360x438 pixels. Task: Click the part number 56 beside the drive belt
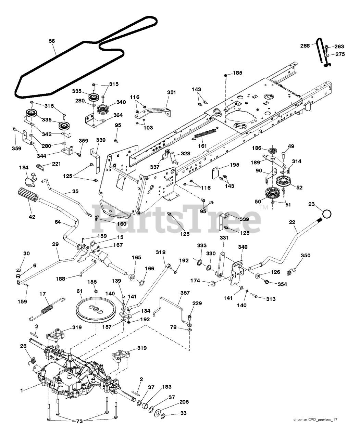(x=52, y=41)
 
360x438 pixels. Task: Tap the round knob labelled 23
(x=326, y=214)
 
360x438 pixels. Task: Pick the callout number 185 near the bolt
(x=237, y=73)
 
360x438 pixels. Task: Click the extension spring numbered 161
(x=205, y=133)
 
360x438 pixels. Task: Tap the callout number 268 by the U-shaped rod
(x=305, y=46)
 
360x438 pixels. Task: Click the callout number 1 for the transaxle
(x=22, y=390)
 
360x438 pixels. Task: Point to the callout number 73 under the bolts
(x=79, y=422)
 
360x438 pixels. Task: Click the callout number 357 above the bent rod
(x=185, y=293)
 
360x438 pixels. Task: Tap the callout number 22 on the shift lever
(x=292, y=222)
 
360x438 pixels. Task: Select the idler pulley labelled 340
(x=103, y=110)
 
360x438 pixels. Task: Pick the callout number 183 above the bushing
(x=167, y=387)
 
